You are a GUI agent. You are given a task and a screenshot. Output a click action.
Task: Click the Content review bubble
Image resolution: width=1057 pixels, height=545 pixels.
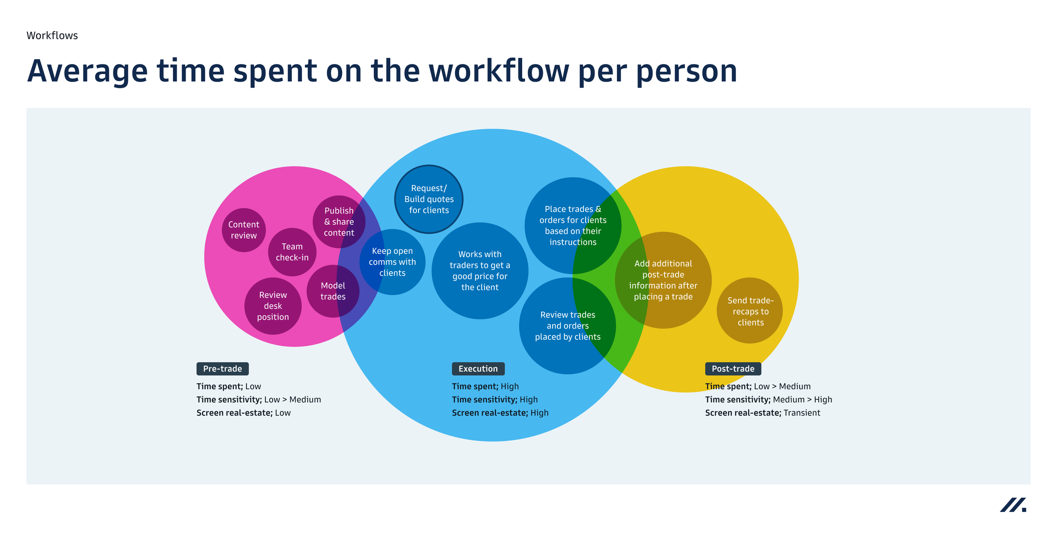[x=244, y=230]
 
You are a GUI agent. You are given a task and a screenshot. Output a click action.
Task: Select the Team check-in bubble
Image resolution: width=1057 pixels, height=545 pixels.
[x=292, y=252]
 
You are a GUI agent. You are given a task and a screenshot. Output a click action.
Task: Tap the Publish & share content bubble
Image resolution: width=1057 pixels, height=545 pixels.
[x=339, y=222]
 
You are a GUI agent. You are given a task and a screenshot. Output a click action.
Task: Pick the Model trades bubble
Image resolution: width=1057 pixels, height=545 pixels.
[x=333, y=291]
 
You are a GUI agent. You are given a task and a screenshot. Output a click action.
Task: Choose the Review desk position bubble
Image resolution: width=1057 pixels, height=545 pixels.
[x=273, y=306]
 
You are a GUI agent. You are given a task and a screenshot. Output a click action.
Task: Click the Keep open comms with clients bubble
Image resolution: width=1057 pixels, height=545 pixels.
[x=392, y=262]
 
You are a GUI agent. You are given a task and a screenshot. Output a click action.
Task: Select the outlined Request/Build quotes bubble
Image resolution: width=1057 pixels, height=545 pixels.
[x=429, y=199]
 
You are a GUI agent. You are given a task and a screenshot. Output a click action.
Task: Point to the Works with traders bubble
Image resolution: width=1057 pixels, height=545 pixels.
[x=479, y=271]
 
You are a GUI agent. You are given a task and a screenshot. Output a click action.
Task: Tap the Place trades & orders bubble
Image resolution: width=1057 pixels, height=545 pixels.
[x=572, y=225]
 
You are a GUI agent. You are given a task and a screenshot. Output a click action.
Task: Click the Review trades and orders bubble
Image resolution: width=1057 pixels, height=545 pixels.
[x=567, y=326]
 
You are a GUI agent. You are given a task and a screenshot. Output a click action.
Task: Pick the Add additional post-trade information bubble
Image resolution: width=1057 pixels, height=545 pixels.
[x=663, y=280]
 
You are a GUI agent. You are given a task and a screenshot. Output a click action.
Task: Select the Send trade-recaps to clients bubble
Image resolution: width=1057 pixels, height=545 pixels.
[x=750, y=311]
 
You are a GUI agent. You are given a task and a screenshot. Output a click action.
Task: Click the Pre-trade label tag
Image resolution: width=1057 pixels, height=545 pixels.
[x=222, y=369]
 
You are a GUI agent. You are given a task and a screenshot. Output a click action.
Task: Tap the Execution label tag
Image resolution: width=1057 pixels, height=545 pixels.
[x=478, y=369]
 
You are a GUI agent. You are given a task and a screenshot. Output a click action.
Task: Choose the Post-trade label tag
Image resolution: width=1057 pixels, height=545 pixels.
[x=733, y=369]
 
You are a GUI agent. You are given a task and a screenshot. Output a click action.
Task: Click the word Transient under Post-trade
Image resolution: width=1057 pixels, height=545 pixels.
[x=802, y=413]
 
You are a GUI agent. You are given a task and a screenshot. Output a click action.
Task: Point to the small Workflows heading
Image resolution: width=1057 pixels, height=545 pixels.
[x=52, y=36]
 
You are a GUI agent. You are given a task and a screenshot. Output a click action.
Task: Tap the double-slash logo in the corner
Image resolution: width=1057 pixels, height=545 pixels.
[x=1013, y=505]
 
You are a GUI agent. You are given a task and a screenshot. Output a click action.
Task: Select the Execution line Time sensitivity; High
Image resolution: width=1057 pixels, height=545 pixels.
[x=495, y=400]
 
